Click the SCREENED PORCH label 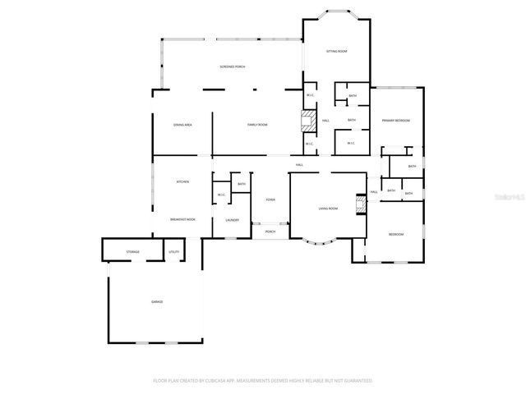233,66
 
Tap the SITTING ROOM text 337,51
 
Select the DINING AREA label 182,125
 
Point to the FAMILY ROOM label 258,125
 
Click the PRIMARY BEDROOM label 396,121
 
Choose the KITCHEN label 182,181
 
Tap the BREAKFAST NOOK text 182,219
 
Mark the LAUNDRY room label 233,219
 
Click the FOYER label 270,199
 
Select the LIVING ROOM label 328,209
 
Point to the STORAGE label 132,251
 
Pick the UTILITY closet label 173,251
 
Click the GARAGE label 156,301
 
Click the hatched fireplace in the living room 359,204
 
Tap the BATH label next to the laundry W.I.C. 242,184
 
